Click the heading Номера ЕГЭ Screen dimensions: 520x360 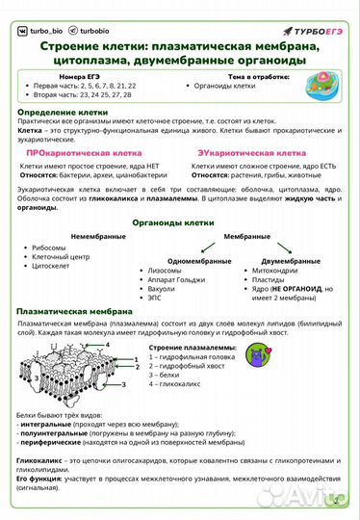tap(80, 75)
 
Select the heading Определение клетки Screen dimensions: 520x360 tap(63, 112)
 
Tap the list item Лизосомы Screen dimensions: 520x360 tap(165, 272)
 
